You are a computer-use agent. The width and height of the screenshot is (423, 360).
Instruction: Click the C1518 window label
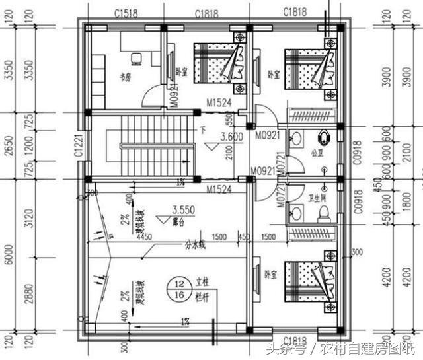tap(125, 13)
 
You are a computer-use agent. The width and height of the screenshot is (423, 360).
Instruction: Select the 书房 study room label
tap(124, 76)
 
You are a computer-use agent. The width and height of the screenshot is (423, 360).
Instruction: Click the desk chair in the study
tap(135, 58)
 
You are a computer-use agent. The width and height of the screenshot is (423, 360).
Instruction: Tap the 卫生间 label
tap(316, 198)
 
